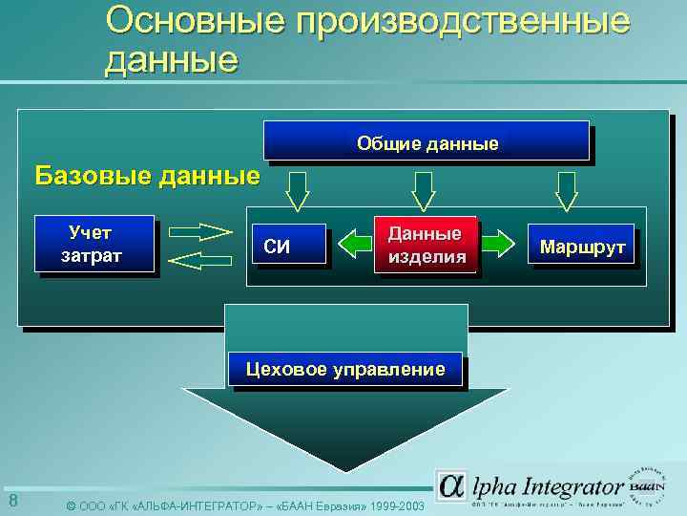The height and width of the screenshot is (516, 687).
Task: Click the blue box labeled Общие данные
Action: [x=427, y=142]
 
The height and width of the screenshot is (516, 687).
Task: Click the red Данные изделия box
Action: [x=427, y=246]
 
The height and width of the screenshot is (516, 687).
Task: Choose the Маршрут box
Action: [x=582, y=247]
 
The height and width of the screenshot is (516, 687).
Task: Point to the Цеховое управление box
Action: [x=344, y=370]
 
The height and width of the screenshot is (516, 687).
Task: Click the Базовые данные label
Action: [x=147, y=176]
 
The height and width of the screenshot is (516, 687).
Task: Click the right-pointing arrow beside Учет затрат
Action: [x=202, y=230]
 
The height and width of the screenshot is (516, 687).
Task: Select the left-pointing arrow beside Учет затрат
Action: [x=202, y=261]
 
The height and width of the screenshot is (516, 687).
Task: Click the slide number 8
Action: [x=12, y=502]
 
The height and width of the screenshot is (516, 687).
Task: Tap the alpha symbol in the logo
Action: [x=451, y=486]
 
